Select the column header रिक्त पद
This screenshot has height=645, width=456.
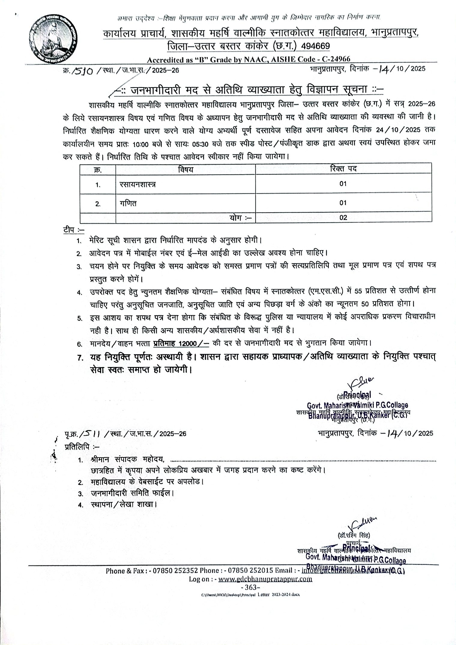[x=343, y=169]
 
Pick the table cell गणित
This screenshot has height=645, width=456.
[x=128, y=204]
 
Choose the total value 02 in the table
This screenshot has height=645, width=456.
[x=343, y=218]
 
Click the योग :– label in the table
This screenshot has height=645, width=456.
[x=240, y=218]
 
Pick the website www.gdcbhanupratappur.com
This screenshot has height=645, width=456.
[x=265, y=579]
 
